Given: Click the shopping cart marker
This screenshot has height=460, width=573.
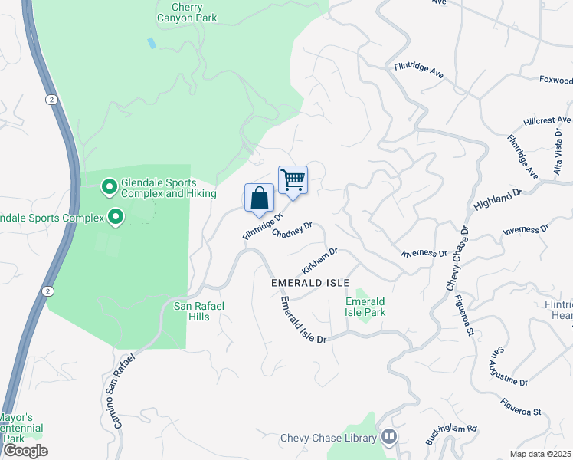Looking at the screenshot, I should point(293,180).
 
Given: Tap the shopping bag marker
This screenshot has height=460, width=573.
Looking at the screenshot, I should point(259,198).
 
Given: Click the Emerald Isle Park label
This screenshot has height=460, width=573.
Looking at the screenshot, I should point(365,307).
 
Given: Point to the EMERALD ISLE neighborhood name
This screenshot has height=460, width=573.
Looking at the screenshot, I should point(305,283).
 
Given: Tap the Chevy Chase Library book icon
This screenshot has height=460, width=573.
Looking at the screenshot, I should point(390,437).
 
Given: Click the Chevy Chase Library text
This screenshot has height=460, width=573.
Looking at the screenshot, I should point(329,438).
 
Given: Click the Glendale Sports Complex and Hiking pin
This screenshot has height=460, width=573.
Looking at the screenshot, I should point(110,186).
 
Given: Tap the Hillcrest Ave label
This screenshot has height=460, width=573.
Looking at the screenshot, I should point(548,121).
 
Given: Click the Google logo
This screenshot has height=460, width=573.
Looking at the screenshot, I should point(25,450).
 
